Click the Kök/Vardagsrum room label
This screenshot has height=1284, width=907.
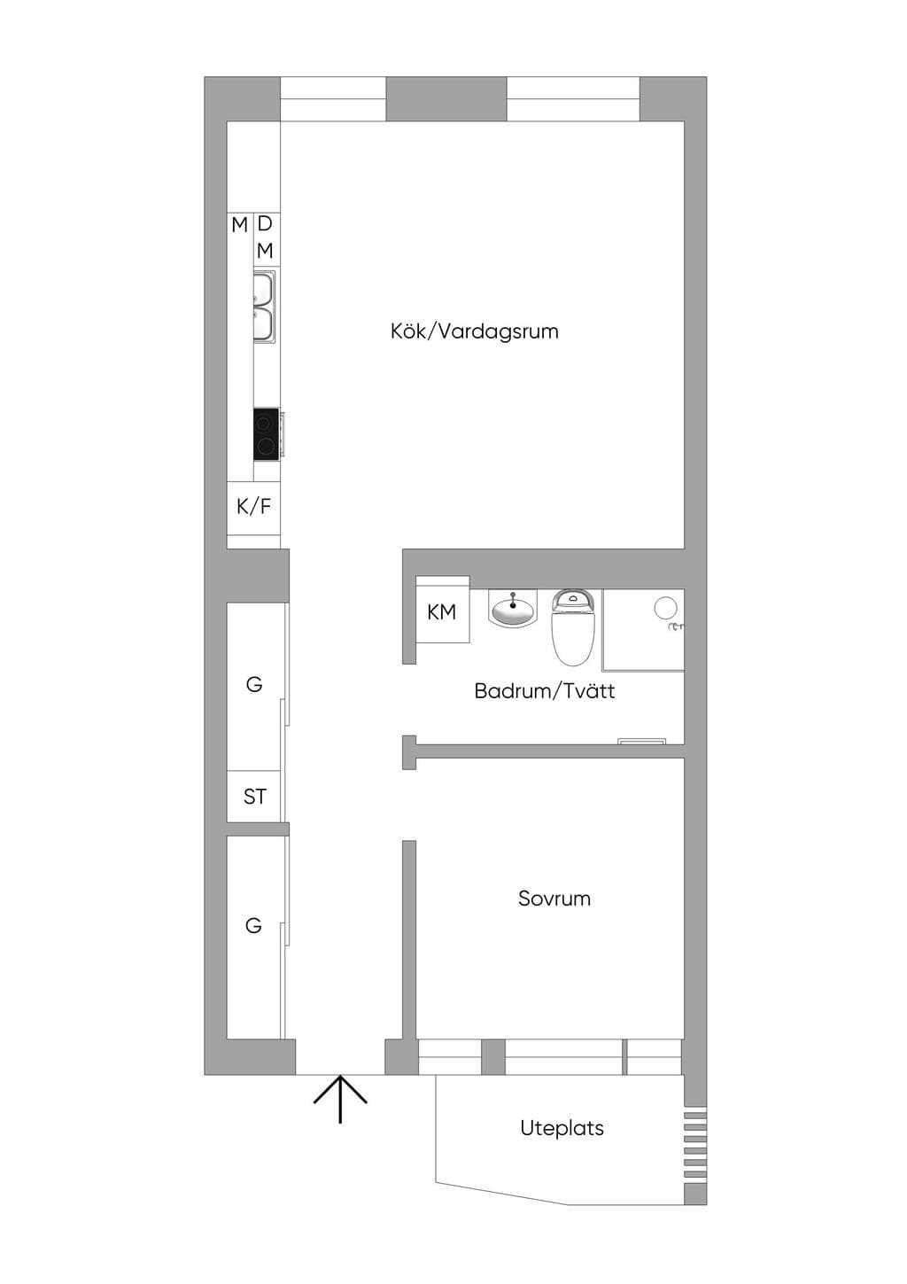pyautogui.click(x=475, y=332)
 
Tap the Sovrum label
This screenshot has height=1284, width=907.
pyautogui.click(x=554, y=899)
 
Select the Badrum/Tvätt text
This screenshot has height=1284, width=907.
pyautogui.click(x=545, y=690)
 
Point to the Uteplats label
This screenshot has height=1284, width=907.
pyautogui.click(x=562, y=1128)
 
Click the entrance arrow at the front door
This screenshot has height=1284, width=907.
pyautogui.click(x=340, y=1099)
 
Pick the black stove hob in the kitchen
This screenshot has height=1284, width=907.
pyautogui.click(x=267, y=433)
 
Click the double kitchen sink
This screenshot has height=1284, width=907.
pyautogui.click(x=265, y=307)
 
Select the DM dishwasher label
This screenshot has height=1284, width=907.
pyautogui.click(x=265, y=237)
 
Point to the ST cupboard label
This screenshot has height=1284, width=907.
pyautogui.click(x=254, y=797)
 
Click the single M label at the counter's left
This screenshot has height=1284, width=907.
pyautogui.click(x=239, y=225)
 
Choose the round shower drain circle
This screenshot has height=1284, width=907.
pyautogui.click(x=665, y=607)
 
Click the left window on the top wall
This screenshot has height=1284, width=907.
pyautogui.click(x=333, y=98)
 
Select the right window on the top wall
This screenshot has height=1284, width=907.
pyautogui.click(x=573, y=98)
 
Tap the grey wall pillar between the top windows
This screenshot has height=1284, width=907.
pyautogui.click(x=446, y=98)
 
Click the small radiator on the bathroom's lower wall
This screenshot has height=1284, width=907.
pyautogui.click(x=641, y=741)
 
